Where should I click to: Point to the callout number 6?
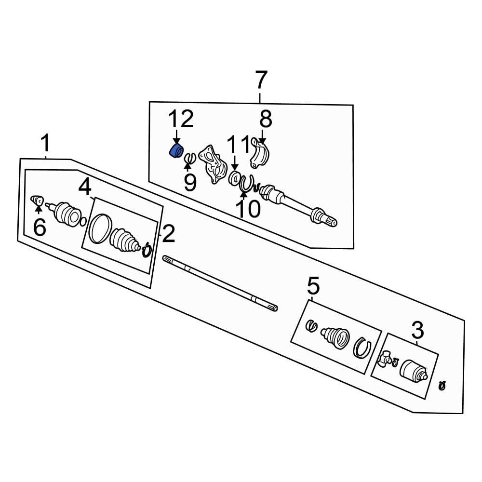(39, 227)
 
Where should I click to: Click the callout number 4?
(85, 187)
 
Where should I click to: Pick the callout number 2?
(168, 234)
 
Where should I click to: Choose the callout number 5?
(313, 287)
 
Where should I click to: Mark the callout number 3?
(417, 331)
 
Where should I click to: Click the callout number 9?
(190, 182)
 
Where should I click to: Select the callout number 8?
(266, 119)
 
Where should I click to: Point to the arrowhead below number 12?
(176, 140)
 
